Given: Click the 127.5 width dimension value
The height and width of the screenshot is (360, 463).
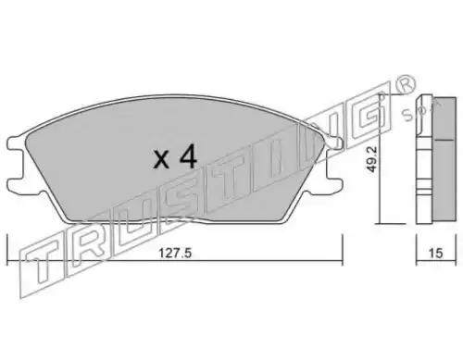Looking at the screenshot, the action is [x=175, y=254].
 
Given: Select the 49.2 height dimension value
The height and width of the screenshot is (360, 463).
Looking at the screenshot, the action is [x=373, y=159].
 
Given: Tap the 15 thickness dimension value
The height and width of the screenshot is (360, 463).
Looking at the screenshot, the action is [x=436, y=254].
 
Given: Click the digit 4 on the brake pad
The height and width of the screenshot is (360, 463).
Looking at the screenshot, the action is [x=188, y=156].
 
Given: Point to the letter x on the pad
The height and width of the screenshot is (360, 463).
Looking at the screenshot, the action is [x=161, y=160].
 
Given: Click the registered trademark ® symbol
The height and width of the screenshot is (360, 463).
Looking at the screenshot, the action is [x=406, y=85].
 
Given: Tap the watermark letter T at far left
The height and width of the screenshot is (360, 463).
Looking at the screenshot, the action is [x=42, y=266].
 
